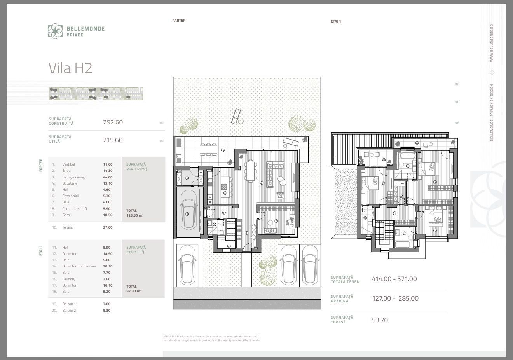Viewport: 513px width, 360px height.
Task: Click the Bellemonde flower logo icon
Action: [55, 31]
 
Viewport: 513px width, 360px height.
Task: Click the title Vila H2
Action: [70, 68]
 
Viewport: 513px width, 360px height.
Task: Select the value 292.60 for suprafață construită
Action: [113, 122]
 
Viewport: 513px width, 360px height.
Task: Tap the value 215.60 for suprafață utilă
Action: [113, 140]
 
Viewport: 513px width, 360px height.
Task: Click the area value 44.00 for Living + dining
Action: [108, 177]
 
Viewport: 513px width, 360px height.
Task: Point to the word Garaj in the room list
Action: [66, 215]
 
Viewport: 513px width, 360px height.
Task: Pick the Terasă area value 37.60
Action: [108, 227]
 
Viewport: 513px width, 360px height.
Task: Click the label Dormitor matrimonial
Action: [79, 266]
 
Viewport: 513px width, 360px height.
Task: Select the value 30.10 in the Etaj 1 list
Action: [108, 266]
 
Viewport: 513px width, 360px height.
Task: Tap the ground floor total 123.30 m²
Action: [135, 215]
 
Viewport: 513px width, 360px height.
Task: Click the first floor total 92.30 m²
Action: [134, 291]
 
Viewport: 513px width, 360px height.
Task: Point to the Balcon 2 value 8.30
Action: [106, 311]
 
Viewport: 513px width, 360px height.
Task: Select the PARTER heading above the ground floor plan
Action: [179, 21]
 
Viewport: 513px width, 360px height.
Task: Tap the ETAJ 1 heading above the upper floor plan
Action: [336, 21]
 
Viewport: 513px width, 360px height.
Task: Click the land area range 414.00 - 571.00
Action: [394, 279]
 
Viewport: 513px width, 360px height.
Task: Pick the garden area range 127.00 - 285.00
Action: [395, 299]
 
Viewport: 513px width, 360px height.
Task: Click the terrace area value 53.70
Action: [380, 320]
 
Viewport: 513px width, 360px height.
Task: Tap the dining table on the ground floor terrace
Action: [209, 149]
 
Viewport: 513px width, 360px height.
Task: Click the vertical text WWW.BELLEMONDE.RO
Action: [492, 43]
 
